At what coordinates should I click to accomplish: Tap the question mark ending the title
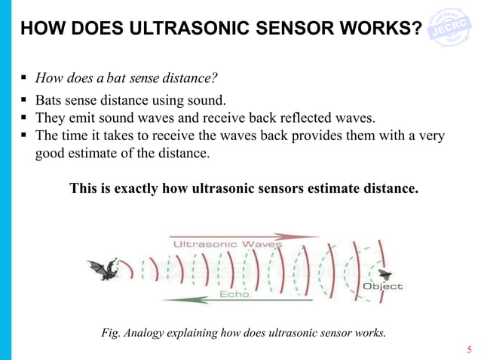[x=416, y=29]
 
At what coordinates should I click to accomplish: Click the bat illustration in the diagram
[x=103, y=268]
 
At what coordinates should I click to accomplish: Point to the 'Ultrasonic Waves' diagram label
[x=228, y=244]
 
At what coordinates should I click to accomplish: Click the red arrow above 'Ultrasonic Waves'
[x=241, y=236]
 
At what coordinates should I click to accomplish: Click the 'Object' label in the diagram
[x=383, y=286]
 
